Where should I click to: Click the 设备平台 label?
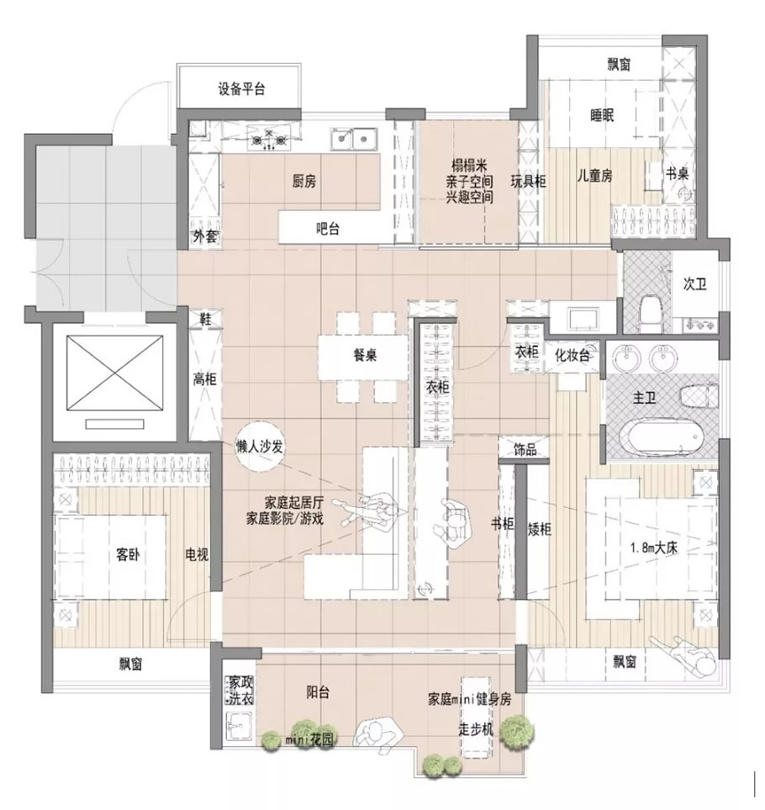tap(241, 89)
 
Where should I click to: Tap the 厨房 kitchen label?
tap(304, 181)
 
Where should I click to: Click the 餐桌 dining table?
tap(365, 357)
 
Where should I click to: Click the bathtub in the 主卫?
tap(662, 438)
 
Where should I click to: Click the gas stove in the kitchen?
tap(268, 139)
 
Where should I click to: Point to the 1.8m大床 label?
tap(654, 548)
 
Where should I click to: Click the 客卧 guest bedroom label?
tap(128, 555)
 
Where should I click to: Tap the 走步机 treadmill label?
tap(476, 729)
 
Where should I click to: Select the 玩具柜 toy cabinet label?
tap(528, 182)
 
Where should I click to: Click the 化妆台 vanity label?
tap(572, 356)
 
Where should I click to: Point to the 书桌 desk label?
tap(677, 173)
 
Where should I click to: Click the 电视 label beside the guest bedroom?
tap(197, 555)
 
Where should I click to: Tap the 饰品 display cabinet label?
tap(525, 450)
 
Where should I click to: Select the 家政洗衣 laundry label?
tap(241, 691)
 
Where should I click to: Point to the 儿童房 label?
tap(594, 176)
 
